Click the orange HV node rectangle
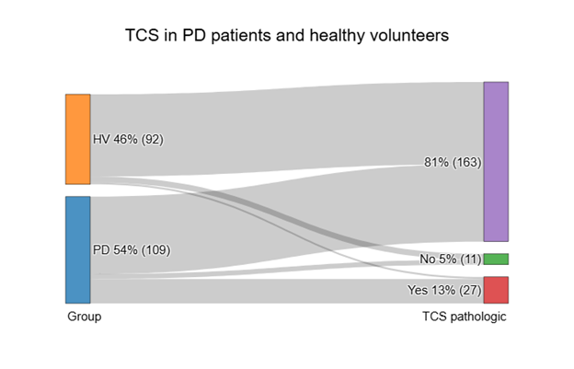(77, 139)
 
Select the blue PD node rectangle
(77, 249)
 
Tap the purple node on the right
(495, 161)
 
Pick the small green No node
(495, 259)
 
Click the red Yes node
(495, 290)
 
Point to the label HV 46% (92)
(128, 140)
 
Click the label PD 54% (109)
(132, 250)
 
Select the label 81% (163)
(451, 163)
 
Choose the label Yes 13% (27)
(445, 291)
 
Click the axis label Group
(84, 317)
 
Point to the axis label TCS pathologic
(465, 317)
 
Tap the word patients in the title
(238, 38)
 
